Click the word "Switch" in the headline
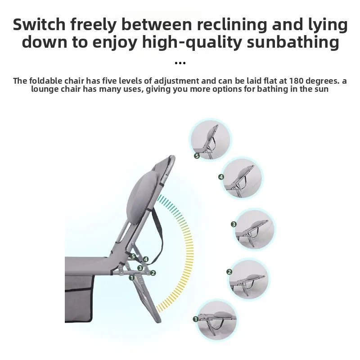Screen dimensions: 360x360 click(x=39, y=24)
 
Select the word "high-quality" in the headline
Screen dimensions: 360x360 click(x=192, y=43)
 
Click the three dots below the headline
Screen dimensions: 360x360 click(x=180, y=63)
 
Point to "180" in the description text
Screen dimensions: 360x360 click(x=297, y=81)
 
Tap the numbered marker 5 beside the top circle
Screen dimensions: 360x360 click(x=197, y=156)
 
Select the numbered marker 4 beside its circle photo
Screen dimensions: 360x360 click(x=221, y=177)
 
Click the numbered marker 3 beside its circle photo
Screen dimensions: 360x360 click(x=234, y=224)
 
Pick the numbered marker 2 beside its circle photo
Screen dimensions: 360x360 click(x=229, y=272)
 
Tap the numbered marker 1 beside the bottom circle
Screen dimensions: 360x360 click(x=195, y=319)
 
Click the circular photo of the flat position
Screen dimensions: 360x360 click(x=217, y=321)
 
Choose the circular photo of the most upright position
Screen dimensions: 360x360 click(x=210, y=139)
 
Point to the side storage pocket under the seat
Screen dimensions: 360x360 click(x=79, y=298)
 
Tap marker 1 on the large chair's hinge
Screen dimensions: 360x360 click(x=131, y=278)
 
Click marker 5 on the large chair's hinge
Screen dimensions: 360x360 click(x=133, y=256)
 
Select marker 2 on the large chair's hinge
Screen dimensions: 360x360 click(x=153, y=273)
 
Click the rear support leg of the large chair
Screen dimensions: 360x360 click(x=147, y=298)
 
